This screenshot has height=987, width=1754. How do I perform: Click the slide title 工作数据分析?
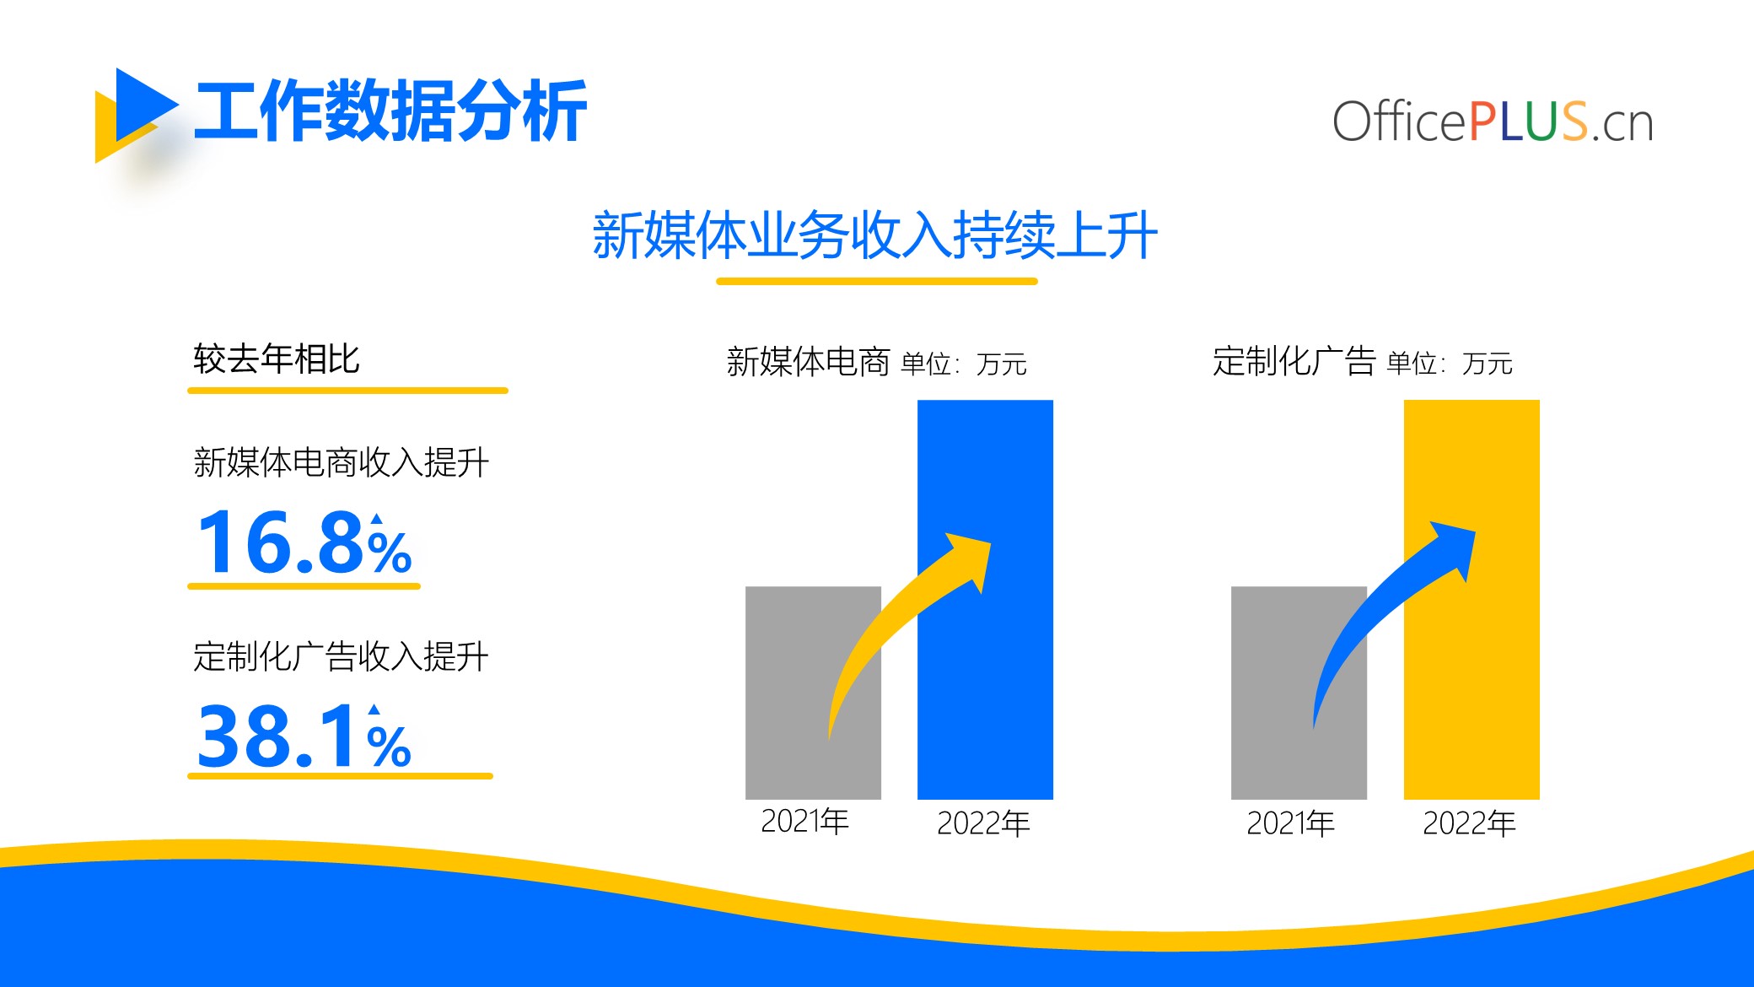(390, 111)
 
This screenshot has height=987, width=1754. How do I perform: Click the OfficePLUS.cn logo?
(1493, 121)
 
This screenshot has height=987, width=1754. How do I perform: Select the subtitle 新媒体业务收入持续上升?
(875, 235)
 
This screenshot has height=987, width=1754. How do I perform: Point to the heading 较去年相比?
(277, 359)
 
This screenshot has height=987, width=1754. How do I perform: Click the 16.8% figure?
(304, 542)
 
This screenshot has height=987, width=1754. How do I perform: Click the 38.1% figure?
(304, 736)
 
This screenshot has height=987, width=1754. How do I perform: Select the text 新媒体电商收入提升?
(341, 462)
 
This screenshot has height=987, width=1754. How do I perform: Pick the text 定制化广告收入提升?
(341, 656)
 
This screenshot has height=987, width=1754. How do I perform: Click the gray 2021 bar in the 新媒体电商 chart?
(813, 693)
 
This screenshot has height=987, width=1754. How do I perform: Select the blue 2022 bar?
(985, 600)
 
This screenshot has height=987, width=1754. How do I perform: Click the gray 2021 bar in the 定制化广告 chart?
(1299, 693)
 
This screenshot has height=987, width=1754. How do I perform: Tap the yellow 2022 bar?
(1472, 600)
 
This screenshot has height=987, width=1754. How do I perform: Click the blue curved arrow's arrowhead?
(1455, 547)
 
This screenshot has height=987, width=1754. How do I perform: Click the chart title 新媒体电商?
(808, 362)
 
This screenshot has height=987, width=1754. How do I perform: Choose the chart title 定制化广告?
(1294, 361)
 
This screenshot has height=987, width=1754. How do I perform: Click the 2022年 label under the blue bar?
(983, 823)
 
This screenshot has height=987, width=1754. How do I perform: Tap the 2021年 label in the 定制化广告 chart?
(1290, 823)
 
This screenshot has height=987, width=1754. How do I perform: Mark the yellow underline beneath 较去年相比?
(347, 391)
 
